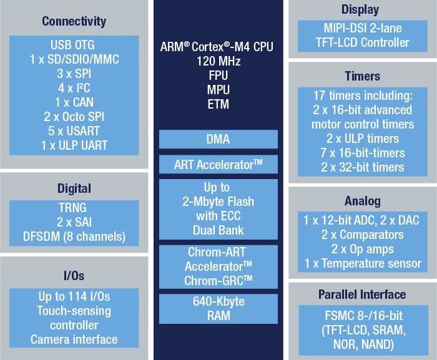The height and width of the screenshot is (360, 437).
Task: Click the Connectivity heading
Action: [x=74, y=22]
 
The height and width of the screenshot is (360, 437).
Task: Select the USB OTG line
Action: [x=74, y=46]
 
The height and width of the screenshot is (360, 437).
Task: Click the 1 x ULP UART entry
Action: [x=74, y=145]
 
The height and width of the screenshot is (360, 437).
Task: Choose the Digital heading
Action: [x=74, y=188]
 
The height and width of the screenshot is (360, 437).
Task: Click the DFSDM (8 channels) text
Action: [x=74, y=237]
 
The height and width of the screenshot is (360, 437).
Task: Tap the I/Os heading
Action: [x=74, y=275]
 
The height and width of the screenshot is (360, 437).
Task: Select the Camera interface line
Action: [x=74, y=339]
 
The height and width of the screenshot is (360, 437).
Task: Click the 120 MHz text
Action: [x=219, y=62]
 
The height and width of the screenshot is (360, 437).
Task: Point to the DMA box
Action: [x=219, y=139]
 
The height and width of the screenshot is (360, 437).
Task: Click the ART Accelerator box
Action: [x=219, y=165]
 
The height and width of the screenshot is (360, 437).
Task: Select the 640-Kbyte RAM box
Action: [x=219, y=309]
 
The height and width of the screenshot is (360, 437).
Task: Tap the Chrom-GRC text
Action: [x=219, y=281]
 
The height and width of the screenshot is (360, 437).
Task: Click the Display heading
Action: [x=360, y=10]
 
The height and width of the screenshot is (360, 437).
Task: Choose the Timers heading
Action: [x=362, y=76]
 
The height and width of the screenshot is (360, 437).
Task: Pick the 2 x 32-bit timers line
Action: [x=362, y=167]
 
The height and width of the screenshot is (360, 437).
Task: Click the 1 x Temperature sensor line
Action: [x=362, y=263]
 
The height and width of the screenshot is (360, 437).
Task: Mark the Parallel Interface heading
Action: [x=362, y=294]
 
